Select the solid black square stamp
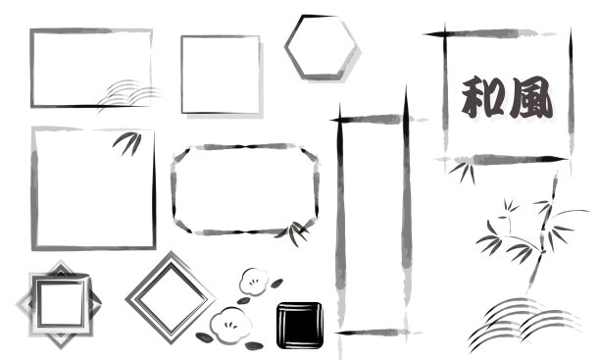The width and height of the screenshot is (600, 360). (x=300, y=325)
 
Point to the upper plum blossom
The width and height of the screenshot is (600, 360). (x=254, y=282)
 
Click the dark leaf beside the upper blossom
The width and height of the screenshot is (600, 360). (x=276, y=283)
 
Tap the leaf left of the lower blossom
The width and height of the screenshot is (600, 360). (x=205, y=337)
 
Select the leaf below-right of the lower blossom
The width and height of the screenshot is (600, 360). (x=254, y=346)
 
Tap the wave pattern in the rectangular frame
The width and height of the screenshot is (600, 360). (x=131, y=94)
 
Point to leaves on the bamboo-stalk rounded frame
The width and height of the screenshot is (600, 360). (x=294, y=232)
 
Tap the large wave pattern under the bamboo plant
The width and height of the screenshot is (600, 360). (x=525, y=324)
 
